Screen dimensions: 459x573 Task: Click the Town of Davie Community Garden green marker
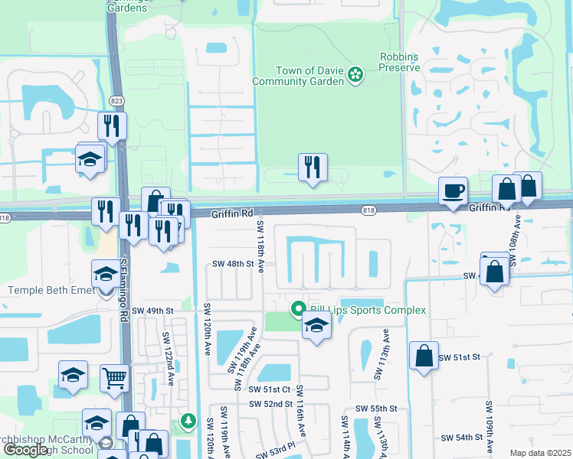click(x=355, y=74)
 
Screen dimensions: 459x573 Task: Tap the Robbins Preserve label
click(x=400, y=62)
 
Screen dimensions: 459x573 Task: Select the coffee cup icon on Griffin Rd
click(x=453, y=190)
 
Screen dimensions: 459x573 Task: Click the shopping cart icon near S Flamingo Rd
click(x=114, y=376)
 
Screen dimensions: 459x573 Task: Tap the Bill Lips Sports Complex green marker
click(x=299, y=310)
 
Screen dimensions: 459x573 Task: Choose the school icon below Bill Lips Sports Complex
click(x=316, y=325)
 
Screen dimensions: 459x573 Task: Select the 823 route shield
click(x=116, y=99)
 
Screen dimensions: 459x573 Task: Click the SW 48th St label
click(x=233, y=264)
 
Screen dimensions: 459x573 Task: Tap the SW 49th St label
click(x=153, y=311)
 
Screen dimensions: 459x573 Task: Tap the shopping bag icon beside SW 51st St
click(x=424, y=356)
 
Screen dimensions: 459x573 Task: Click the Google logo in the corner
click(x=25, y=449)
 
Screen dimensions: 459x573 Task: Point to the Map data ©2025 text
click(x=540, y=453)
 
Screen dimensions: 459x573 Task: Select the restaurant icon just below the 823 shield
click(x=113, y=125)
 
